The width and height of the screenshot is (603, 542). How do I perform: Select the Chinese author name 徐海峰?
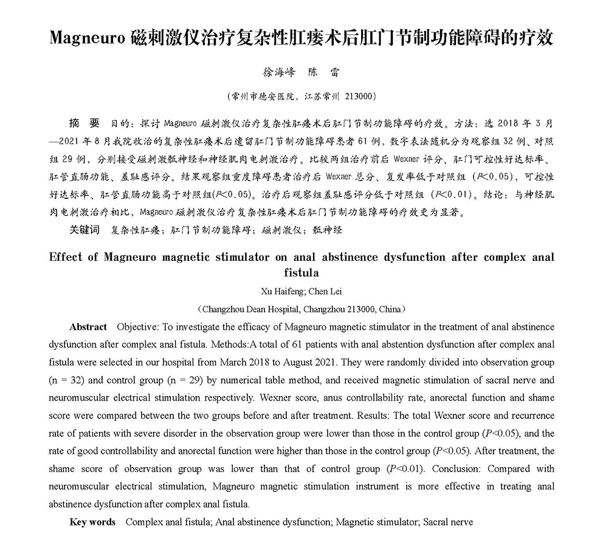(x=278, y=72)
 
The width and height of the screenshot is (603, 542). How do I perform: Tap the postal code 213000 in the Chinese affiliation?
(x=360, y=96)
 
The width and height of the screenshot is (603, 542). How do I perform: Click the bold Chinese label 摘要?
(x=84, y=123)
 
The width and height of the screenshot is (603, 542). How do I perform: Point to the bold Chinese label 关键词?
(x=84, y=230)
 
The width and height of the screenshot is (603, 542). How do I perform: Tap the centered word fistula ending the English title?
(x=301, y=273)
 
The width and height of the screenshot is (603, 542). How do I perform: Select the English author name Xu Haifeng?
(x=275, y=291)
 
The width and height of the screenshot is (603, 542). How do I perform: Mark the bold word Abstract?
(x=88, y=327)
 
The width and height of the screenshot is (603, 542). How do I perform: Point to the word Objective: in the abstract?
(x=137, y=327)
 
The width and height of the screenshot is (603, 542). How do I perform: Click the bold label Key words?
(x=92, y=522)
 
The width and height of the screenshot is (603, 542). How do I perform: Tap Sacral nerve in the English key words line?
(x=448, y=522)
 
